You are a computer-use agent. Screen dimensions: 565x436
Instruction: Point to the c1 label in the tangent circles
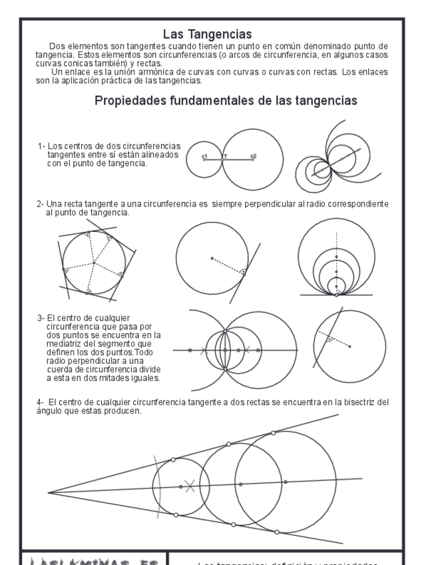[206, 157]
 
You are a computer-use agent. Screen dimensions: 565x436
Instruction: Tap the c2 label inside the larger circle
[254, 157]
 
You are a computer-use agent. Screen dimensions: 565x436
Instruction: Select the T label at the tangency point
[225, 157]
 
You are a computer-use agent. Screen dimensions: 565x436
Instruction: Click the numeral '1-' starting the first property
[42, 145]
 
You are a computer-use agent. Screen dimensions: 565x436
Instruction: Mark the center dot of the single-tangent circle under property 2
[212, 258]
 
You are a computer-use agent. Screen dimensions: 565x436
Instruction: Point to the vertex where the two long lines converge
[49, 492]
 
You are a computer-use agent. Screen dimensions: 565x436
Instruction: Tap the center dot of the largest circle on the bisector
[284, 482]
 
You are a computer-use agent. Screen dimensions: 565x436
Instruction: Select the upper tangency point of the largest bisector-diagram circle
[272, 433]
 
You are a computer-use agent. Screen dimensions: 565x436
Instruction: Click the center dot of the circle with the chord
[350, 346]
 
